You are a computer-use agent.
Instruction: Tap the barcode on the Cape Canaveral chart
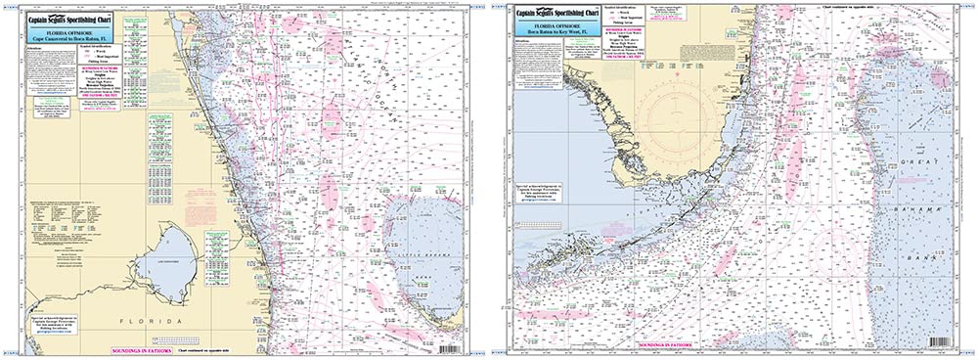click(x=452, y=348)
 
